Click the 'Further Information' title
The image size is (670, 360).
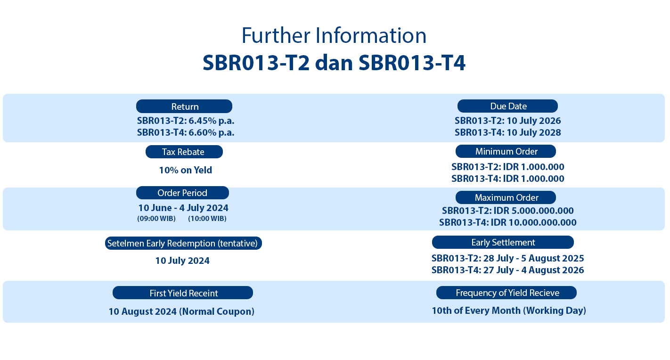(x=334, y=35)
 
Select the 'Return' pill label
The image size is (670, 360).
(x=184, y=106)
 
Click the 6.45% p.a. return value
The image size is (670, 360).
(x=211, y=121)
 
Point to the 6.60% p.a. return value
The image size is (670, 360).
(x=211, y=132)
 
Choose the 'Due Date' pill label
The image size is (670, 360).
(x=507, y=106)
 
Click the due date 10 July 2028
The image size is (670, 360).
(x=534, y=132)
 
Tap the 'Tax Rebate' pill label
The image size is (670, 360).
(x=184, y=152)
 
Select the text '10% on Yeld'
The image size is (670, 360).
(x=186, y=170)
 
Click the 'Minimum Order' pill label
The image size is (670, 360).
(x=506, y=151)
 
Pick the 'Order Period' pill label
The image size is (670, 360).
(x=182, y=193)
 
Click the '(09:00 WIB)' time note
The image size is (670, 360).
(x=156, y=219)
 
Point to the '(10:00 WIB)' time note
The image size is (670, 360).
(x=207, y=219)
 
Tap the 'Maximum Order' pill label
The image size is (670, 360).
(x=506, y=197)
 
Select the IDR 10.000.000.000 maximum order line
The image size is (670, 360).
(x=508, y=222)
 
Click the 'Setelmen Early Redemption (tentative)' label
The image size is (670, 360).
(x=183, y=243)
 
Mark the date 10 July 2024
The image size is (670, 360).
(x=182, y=261)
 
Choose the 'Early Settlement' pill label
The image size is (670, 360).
(x=503, y=242)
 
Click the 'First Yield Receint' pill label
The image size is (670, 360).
(x=183, y=293)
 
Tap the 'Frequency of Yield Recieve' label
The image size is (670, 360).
(x=507, y=293)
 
